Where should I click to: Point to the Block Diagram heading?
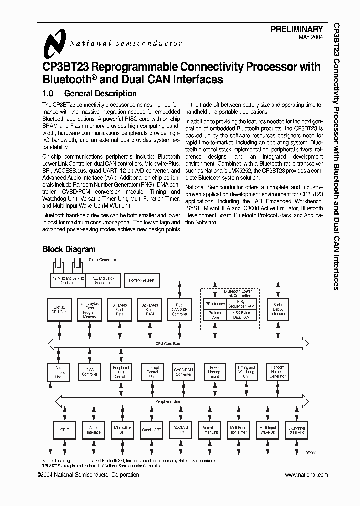[69, 249]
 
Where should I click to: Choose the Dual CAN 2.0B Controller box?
[180, 310]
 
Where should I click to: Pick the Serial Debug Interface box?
[278, 310]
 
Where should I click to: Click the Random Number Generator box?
[278, 372]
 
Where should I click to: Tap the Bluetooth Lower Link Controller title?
[230, 293]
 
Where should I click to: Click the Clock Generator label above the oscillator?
[102, 260]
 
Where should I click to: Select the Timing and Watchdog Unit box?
[246, 371]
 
